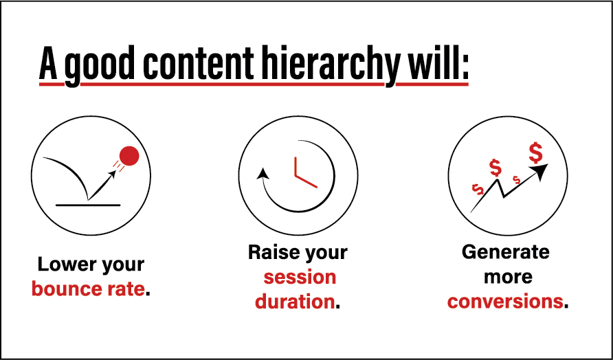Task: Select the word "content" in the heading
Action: (x=201, y=63)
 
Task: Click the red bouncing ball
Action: (x=129, y=155)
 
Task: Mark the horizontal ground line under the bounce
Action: (x=88, y=205)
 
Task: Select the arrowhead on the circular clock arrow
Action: (x=263, y=173)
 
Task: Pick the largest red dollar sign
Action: (x=535, y=153)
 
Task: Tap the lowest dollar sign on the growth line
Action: (x=478, y=190)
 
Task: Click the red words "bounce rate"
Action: (x=88, y=289)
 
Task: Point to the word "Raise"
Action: (x=272, y=252)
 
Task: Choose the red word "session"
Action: (x=300, y=277)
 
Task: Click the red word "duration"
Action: (x=295, y=302)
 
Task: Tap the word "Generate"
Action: (x=506, y=252)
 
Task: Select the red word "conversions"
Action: (x=506, y=302)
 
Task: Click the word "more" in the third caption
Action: (x=508, y=277)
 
